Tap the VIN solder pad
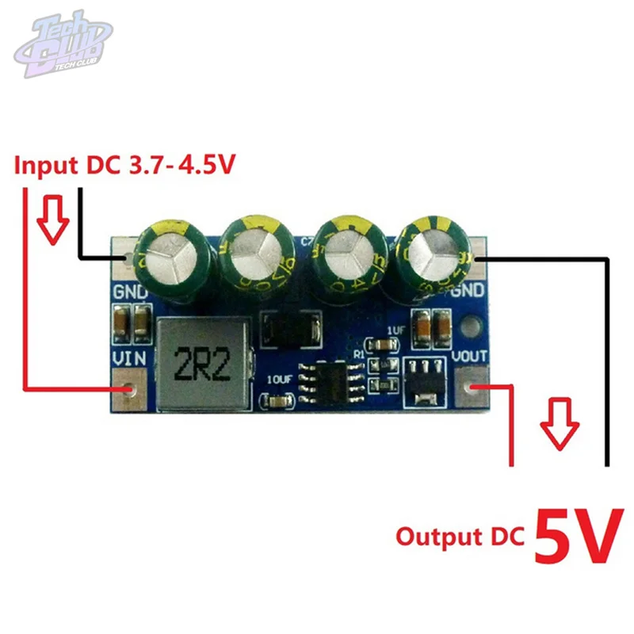pos(128,390)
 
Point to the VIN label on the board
pos(128,357)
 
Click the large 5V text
pos(575,536)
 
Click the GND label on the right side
pos(472,289)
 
